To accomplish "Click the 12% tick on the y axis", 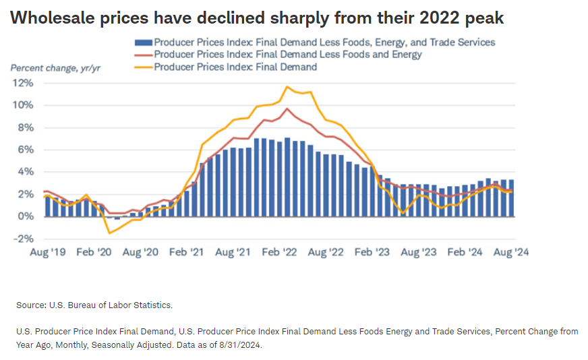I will click(x=23, y=83).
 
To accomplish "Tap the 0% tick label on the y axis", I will click(x=25, y=216).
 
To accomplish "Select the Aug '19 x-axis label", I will click(x=47, y=252).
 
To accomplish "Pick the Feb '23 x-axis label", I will click(x=372, y=252).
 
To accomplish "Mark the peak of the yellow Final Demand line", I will click(x=287, y=86).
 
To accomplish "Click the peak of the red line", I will click(x=287, y=109).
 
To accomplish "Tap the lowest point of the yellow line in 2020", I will click(x=109, y=233).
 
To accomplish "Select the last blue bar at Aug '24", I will click(x=512, y=198).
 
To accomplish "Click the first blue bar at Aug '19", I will click(x=47, y=206).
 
